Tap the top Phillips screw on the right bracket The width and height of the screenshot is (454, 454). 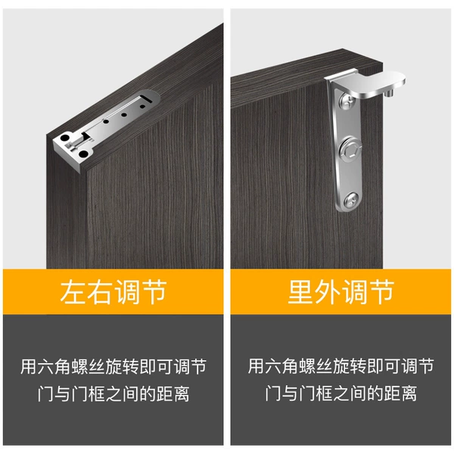click(x=348, y=101)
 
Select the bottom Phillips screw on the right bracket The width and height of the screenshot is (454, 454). click(x=352, y=200)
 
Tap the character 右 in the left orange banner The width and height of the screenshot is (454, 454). click(x=98, y=292)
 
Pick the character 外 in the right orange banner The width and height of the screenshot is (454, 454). click(x=327, y=292)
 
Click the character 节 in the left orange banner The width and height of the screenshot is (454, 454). click(x=153, y=292)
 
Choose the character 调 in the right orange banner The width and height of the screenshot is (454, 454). click(x=354, y=292)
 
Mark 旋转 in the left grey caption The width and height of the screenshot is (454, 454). click(x=122, y=366)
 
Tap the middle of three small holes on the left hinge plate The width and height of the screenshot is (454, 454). click(x=124, y=115)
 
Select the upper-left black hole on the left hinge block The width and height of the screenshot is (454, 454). click(x=65, y=137)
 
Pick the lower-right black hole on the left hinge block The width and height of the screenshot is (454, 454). click(x=83, y=154)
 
